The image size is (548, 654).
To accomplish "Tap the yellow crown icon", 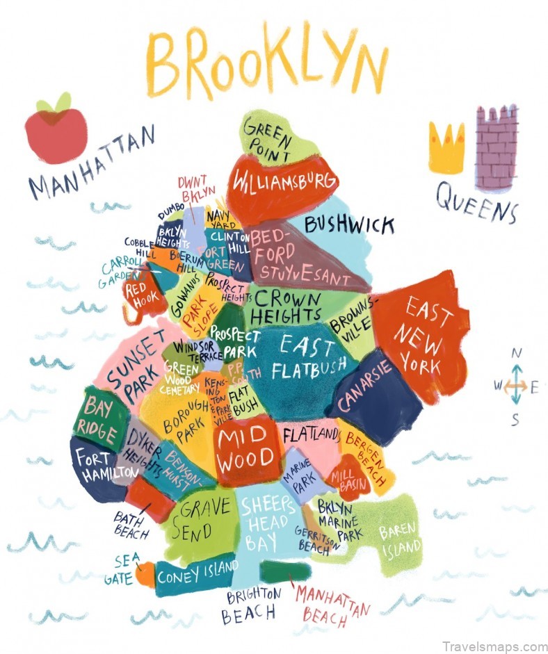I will [446, 147].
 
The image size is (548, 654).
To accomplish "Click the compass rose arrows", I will [515, 387].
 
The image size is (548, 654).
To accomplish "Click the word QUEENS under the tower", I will [477, 202].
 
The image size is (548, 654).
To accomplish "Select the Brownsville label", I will [355, 320].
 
